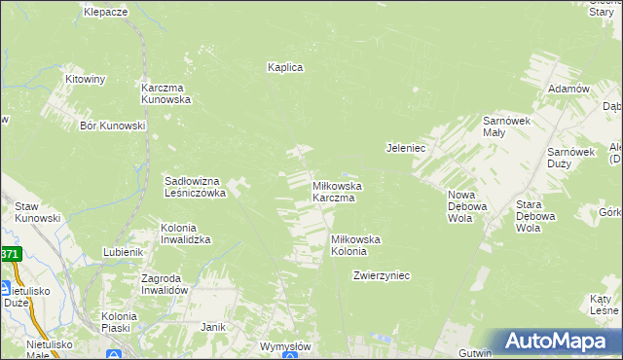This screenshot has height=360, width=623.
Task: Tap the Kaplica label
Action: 286,67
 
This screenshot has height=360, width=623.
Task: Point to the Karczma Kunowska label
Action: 165,92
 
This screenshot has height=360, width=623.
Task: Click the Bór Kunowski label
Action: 113,126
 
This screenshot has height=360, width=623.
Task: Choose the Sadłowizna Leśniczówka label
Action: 195,187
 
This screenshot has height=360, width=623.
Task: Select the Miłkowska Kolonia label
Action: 355,245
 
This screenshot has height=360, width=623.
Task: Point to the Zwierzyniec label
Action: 382,275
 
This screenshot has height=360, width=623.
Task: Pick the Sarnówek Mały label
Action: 506,126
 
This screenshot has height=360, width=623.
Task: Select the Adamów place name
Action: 569,89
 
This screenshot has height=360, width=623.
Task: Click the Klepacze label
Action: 106,12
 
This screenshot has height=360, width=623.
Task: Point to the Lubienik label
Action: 124,252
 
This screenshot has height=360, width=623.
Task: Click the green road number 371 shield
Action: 9,254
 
